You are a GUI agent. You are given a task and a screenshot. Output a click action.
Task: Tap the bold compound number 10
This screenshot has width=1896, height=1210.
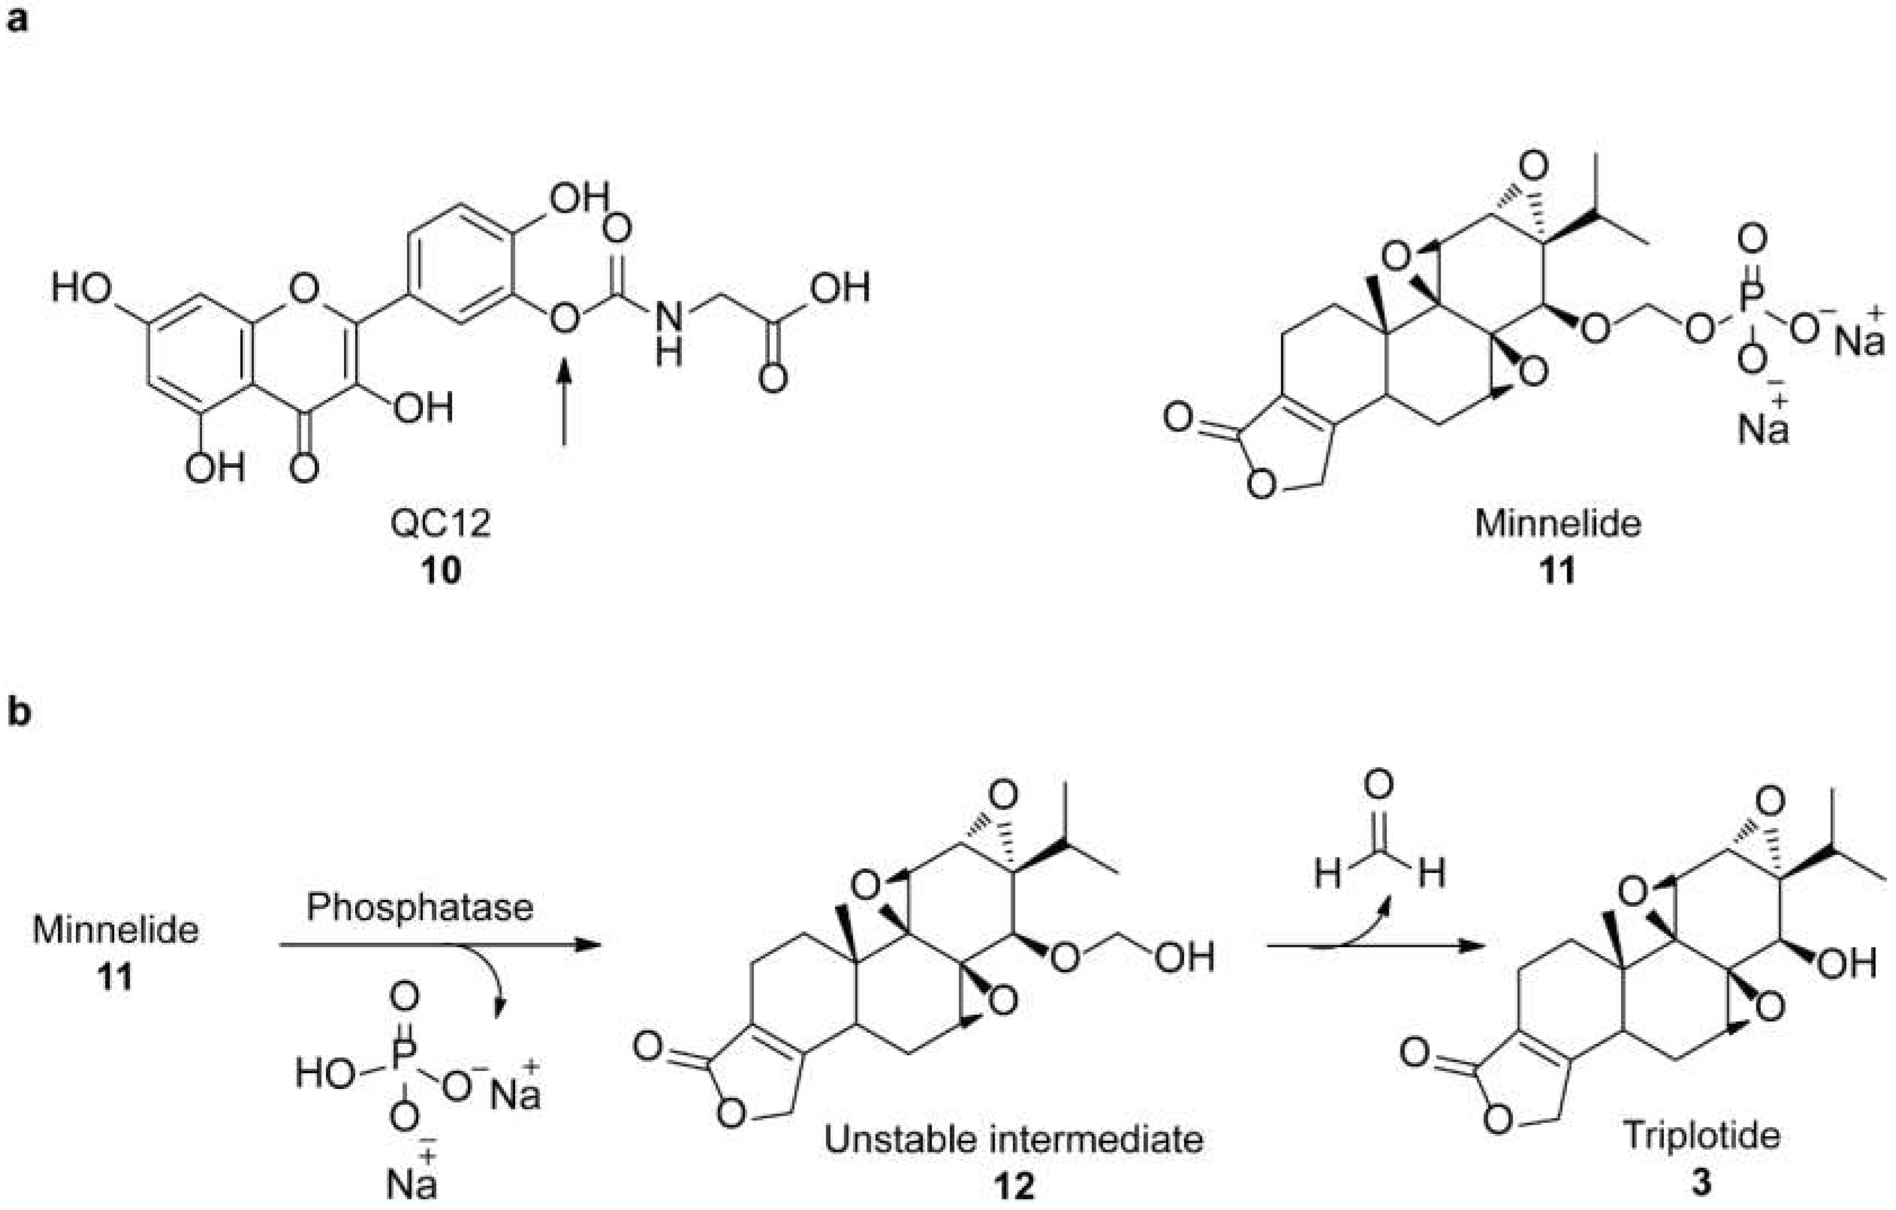[440, 571]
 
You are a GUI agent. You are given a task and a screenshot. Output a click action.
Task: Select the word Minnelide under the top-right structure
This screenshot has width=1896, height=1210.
[1558, 523]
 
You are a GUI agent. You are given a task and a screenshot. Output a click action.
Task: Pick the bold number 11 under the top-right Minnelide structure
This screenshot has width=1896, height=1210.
[1558, 571]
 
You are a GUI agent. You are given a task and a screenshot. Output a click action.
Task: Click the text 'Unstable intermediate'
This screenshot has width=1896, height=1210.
[1014, 1139]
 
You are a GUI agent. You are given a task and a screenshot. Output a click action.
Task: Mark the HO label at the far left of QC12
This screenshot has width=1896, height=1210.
[82, 289]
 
